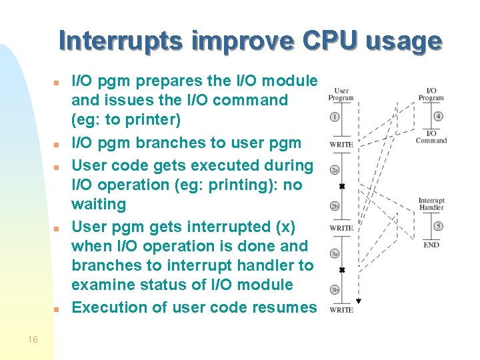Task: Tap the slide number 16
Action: point(33,340)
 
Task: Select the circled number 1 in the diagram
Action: point(335,117)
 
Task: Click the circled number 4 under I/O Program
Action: point(437,117)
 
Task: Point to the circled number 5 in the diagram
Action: point(437,227)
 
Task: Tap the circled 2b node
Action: point(335,206)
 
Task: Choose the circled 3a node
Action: point(335,254)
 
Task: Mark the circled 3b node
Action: point(335,290)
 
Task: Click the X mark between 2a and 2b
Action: point(342,186)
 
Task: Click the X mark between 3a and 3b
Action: point(342,270)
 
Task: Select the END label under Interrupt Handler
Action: point(431,245)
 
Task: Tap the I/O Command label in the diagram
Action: point(431,136)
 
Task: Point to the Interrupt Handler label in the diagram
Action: point(431,204)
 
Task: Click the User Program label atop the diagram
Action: point(341,94)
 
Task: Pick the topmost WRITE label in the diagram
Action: point(341,145)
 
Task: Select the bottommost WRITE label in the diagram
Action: point(341,310)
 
